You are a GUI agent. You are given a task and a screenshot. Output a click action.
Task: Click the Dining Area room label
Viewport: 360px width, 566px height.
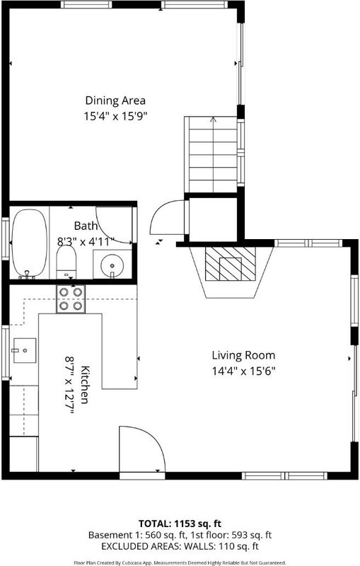point(115,100)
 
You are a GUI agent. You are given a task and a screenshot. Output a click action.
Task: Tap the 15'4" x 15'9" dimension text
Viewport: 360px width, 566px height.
point(116,117)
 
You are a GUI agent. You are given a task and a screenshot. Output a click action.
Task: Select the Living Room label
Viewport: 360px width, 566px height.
point(243,355)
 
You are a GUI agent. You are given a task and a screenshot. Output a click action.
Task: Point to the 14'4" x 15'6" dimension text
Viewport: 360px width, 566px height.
point(244,371)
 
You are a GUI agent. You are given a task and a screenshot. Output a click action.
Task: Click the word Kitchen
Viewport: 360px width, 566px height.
point(85,385)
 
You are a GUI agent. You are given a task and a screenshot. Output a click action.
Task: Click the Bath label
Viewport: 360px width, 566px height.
point(86,226)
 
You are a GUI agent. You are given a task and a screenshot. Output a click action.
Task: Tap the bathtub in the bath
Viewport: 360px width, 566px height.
point(30,243)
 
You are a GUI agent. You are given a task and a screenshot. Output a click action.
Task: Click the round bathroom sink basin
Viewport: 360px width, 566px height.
point(112,265)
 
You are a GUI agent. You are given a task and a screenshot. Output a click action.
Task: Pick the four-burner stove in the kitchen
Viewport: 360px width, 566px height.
point(71,299)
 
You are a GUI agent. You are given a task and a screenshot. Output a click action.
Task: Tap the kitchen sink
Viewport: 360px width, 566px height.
point(25,350)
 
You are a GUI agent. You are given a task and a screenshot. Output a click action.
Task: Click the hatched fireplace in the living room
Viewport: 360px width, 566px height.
point(230,263)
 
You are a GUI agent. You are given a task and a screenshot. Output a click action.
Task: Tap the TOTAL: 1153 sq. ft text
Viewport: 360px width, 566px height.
point(180,524)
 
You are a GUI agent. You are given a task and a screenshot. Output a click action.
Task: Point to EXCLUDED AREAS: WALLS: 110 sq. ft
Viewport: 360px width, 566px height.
point(180,546)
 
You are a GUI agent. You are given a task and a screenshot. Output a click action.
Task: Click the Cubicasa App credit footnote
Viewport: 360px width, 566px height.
point(180,562)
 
